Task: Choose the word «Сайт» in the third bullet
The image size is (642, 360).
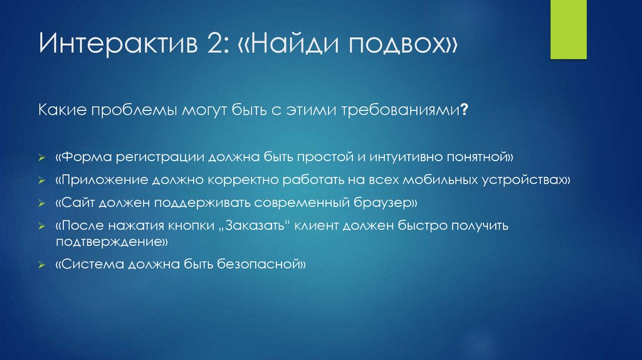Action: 74,204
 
